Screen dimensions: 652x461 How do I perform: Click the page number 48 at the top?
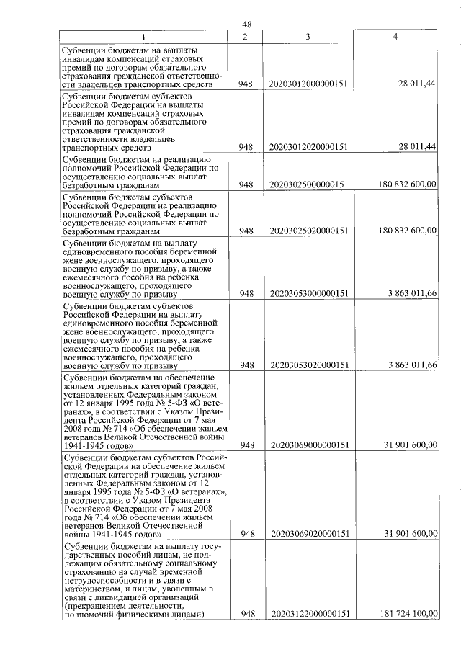pos(246,24)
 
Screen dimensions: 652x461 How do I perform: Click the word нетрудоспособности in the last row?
pos(107,577)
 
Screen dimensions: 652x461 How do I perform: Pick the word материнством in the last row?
pos(94,586)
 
